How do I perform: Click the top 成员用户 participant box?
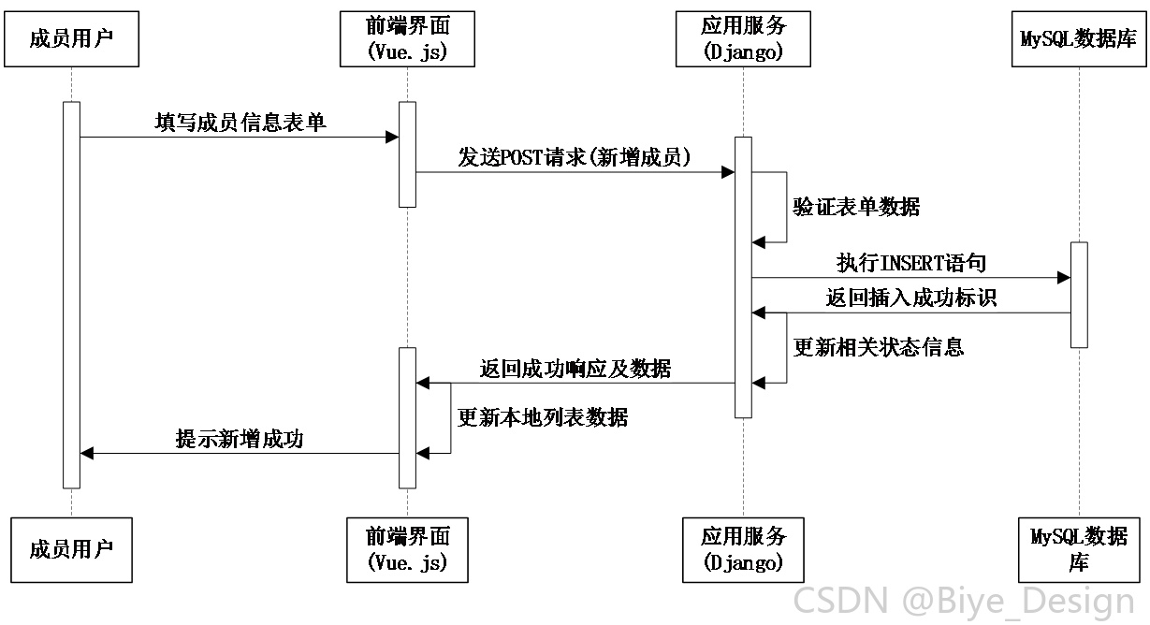tap(71, 39)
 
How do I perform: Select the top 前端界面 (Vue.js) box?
tap(407, 39)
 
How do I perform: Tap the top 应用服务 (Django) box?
tap(743, 39)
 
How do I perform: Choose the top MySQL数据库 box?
tap(1079, 39)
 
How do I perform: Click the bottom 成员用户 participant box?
tap(71, 549)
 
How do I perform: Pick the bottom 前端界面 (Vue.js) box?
tap(407, 549)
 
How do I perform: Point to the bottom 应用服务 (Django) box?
tap(743, 549)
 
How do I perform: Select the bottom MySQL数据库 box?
tap(1079, 549)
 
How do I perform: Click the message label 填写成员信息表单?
tap(240, 123)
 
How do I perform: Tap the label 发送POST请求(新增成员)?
tap(575, 157)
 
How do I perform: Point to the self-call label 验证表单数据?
tap(856, 207)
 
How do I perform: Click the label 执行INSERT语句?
tap(911, 263)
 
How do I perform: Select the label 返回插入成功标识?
tap(911, 298)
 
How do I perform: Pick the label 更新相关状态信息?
tap(878, 347)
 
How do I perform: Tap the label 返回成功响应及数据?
tap(575, 369)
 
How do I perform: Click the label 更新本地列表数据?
tap(542, 417)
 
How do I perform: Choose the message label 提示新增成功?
tap(240, 439)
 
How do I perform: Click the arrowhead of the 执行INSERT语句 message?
tap(1064, 278)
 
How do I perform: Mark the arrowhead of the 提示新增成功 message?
tap(87, 453)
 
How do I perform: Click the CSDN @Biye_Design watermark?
tap(964, 601)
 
